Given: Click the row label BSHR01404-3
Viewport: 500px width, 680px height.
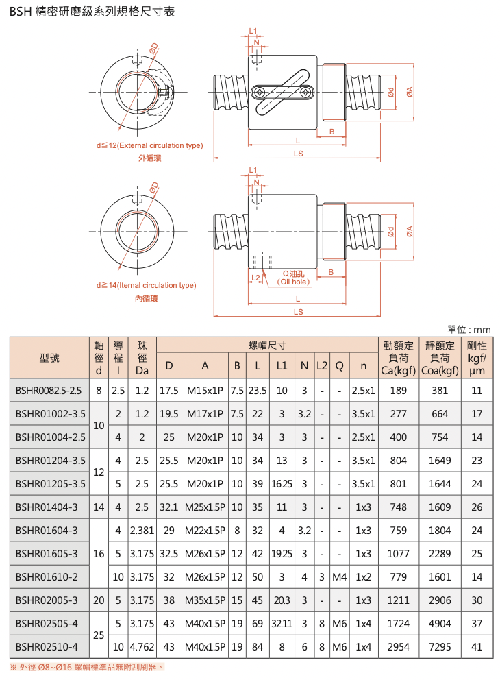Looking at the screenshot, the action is click(47, 507).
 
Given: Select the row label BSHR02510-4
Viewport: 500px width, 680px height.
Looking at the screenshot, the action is click(47, 647).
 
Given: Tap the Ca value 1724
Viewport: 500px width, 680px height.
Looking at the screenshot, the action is click(398, 624).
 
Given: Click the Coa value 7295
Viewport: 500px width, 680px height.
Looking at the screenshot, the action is click(440, 647).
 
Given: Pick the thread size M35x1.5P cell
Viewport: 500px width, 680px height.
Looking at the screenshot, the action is click(205, 600).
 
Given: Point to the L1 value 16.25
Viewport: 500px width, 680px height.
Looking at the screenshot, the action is click(282, 483).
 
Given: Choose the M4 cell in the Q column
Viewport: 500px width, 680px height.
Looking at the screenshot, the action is click(340, 576).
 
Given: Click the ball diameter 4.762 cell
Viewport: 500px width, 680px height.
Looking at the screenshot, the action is click(142, 647).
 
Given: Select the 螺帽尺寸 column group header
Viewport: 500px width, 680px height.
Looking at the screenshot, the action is click(267, 345).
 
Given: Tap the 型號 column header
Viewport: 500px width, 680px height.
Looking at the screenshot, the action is click(49, 358).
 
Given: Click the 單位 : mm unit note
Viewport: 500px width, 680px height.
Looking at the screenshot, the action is click(468, 330).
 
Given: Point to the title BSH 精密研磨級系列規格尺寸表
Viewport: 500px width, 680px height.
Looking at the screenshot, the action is click(92, 12).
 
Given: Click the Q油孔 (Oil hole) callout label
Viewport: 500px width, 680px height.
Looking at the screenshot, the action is click(294, 278).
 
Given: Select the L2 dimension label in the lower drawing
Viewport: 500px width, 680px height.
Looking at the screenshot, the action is click(255, 278).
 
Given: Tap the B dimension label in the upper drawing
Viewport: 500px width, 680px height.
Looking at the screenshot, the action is click(332, 132).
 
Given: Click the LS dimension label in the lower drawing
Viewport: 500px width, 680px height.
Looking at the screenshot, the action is click(298, 312).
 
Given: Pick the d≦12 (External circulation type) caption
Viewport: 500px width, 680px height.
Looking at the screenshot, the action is click(149, 145).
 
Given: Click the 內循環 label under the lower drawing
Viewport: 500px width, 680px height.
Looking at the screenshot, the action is click(146, 298).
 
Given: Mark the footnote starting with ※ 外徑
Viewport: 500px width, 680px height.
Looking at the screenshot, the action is click(87, 667).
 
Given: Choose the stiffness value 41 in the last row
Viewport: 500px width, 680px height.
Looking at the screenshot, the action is click(477, 647).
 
